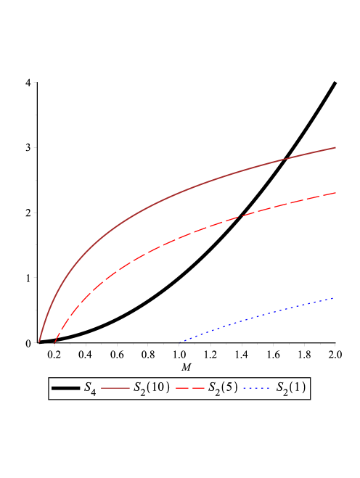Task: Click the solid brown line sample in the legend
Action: [115, 388]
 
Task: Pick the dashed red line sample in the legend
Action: [190, 388]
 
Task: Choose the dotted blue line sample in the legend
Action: [257, 388]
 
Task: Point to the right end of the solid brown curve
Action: [336, 147]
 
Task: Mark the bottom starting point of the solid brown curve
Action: [39, 341]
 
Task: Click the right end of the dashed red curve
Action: [336, 193]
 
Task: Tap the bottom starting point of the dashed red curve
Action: [54, 342]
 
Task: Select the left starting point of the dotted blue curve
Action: [180, 342]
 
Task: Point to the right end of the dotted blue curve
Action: [334, 297]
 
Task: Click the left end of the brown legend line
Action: [102, 388]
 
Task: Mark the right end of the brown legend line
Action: [130, 388]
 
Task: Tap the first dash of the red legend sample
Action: [181, 388]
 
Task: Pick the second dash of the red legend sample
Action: [198, 388]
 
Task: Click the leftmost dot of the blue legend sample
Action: [244, 388]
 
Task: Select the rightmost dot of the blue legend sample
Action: [270, 388]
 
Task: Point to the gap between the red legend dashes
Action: [190, 388]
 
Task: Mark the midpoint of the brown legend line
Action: [115, 388]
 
